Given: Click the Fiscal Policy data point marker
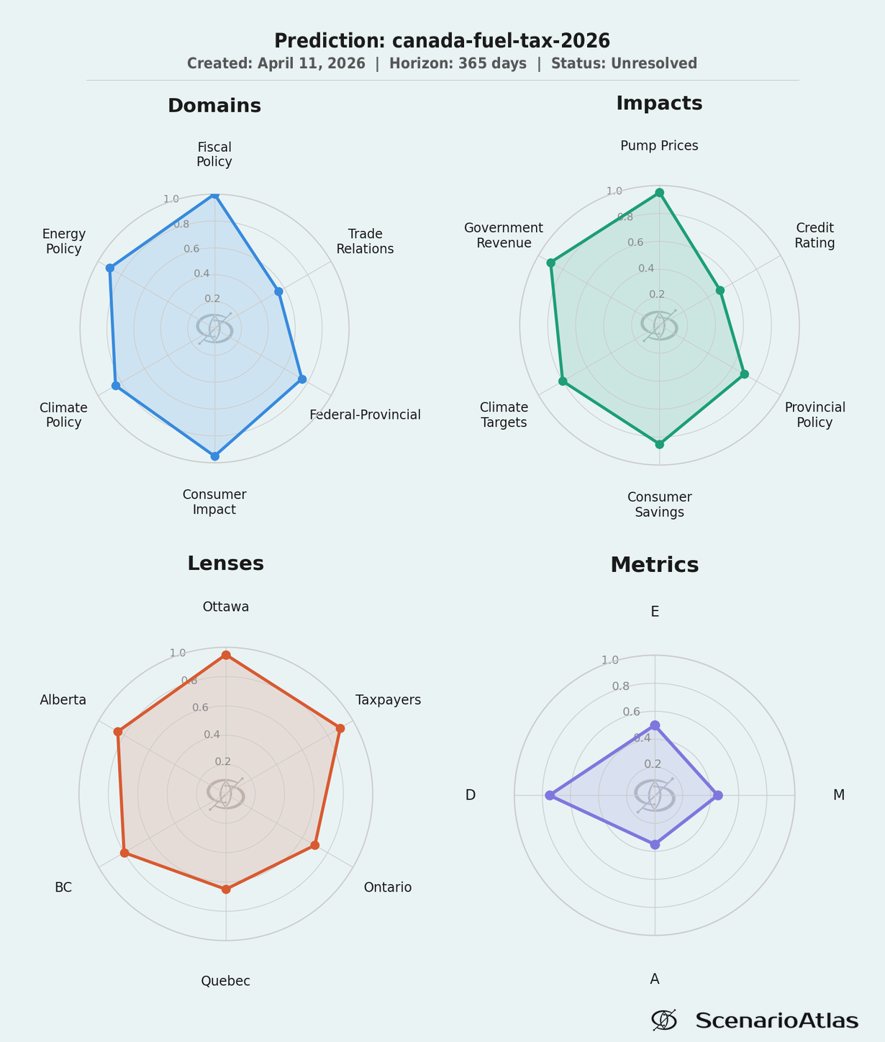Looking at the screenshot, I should pos(214,194).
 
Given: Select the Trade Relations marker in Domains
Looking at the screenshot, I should pos(279,291).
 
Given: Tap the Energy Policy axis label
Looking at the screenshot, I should pos(64,241).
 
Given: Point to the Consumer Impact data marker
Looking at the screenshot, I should pos(214,456).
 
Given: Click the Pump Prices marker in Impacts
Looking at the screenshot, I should pos(659,192).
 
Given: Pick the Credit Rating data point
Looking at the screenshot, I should pos(720,290).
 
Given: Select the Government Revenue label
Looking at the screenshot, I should pos(504,235).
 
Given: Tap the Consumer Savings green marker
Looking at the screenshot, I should pos(659,444).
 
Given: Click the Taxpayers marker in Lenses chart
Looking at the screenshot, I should pos(340,728).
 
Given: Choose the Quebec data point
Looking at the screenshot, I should pos(226,889).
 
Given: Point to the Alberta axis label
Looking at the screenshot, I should pos(63,700).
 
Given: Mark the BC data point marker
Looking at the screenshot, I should pos(124,853).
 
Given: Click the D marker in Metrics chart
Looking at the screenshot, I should pos(550,795).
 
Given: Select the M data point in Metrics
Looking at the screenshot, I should pos(717,795).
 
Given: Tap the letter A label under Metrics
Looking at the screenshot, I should pos(655,979).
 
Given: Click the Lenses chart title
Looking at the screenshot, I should pos(226,563).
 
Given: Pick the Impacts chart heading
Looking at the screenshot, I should pos(659,103).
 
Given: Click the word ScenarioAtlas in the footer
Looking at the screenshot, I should pos(777,1020).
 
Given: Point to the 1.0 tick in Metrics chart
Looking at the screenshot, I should pos(610,660).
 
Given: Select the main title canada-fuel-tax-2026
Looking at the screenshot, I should pos(442,40).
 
